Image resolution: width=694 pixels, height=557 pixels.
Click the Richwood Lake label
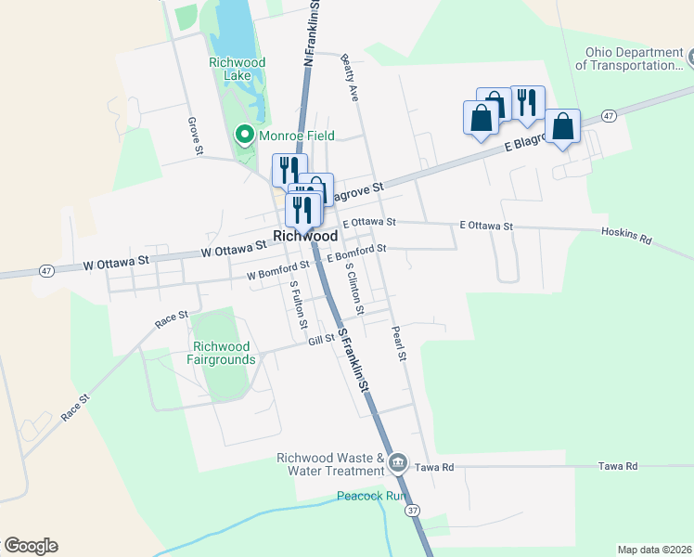pyautogui.click(x=238, y=70)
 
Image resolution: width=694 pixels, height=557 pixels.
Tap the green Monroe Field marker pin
pyautogui.click(x=245, y=136)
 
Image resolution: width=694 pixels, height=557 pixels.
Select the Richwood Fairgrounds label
pyautogui.click(x=221, y=353)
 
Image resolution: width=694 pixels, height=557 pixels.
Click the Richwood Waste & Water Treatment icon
pyautogui.click(x=398, y=461)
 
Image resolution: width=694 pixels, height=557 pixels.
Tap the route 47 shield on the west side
pyautogui.click(x=47, y=270)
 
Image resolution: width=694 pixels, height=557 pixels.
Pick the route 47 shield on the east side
pyautogui.click(x=609, y=115)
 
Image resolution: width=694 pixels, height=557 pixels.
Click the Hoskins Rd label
pyautogui.click(x=626, y=236)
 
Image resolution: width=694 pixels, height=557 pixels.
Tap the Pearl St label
pyautogui.click(x=398, y=343)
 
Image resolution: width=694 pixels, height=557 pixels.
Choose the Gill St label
pyautogui.click(x=322, y=341)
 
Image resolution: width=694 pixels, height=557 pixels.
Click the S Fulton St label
pyautogui.click(x=298, y=304)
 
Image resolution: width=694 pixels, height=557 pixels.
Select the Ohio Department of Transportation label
pyautogui.click(x=628, y=58)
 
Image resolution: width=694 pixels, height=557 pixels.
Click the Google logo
pyautogui.click(x=31, y=546)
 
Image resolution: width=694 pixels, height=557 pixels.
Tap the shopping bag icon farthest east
pyautogui.click(x=562, y=127)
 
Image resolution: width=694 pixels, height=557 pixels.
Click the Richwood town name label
pyautogui.click(x=305, y=237)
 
